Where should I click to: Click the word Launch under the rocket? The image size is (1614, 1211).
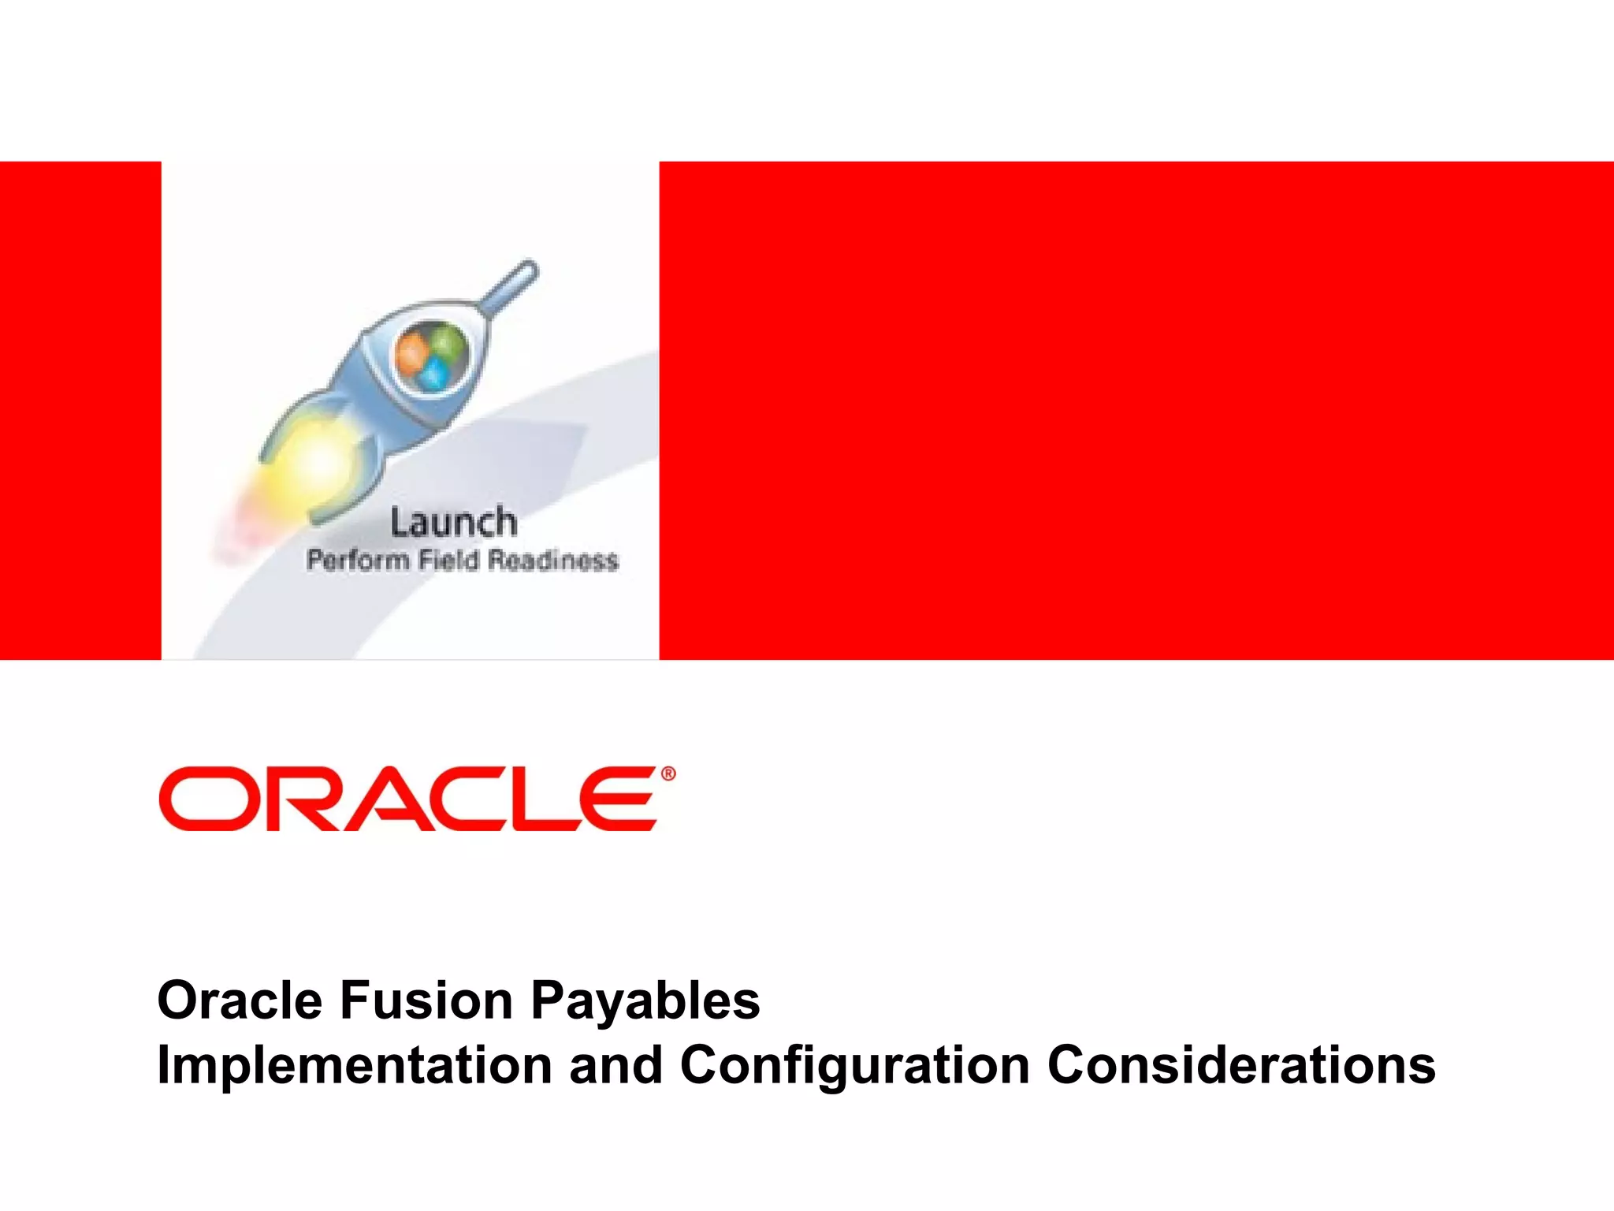click(454, 523)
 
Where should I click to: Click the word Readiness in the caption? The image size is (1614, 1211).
click(552, 561)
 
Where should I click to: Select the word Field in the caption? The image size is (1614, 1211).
click(448, 561)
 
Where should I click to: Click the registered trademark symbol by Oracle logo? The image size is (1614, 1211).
click(668, 774)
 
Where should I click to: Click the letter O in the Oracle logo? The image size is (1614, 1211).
click(199, 799)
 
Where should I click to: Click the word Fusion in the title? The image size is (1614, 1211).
click(426, 1000)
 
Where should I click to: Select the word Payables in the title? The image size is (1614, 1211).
click(645, 1000)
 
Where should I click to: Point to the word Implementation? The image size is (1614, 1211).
click(354, 1064)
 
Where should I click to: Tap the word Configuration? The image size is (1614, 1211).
click(854, 1064)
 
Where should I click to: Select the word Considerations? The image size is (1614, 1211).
click(1241, 1064)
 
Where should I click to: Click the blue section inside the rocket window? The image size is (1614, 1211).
click(433, 376)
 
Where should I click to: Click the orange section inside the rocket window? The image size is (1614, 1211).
click(412, 351)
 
